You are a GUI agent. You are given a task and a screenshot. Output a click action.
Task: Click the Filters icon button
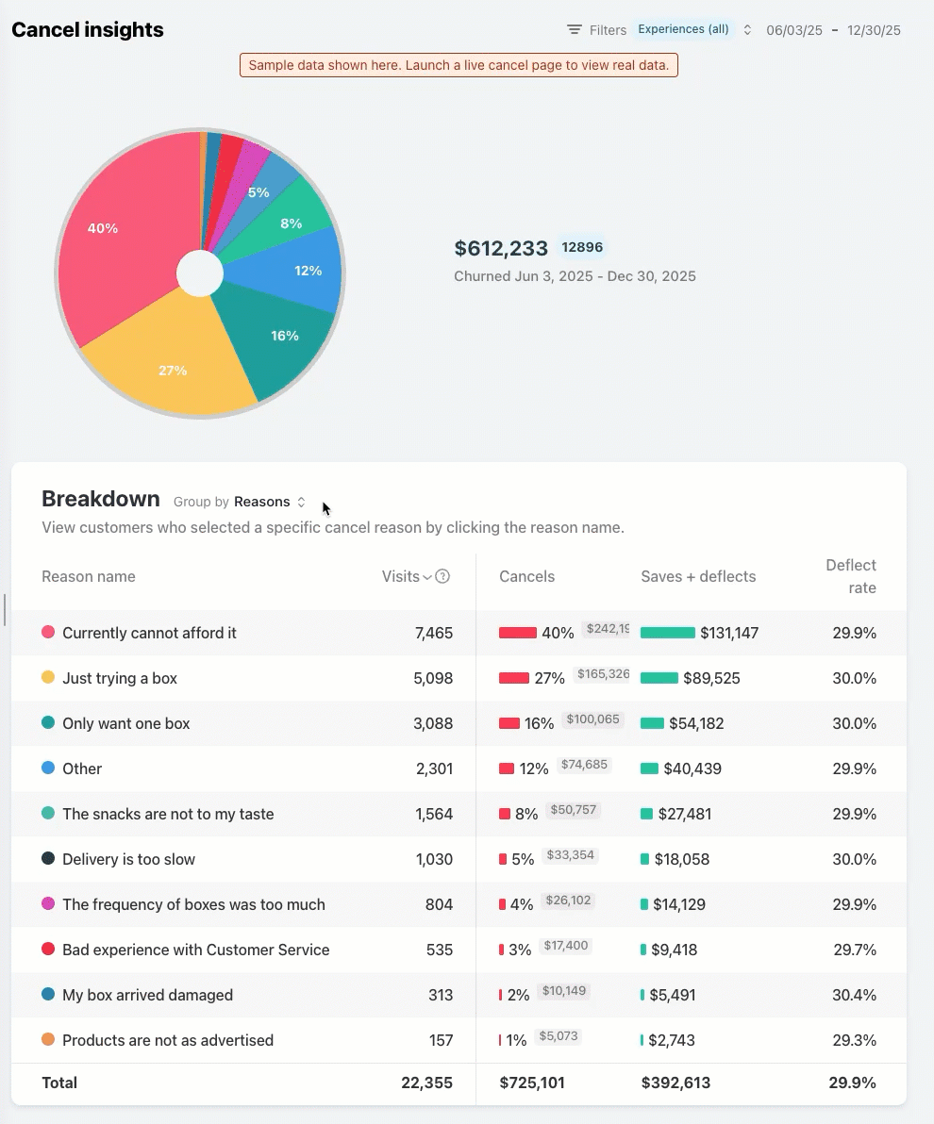coord(575,30)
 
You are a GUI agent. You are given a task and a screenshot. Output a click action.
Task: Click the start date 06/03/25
coord(794,30)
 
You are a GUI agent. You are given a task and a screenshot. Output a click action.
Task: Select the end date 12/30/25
coord(874,30)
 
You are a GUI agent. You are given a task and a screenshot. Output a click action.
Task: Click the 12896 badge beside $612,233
coord(582,248)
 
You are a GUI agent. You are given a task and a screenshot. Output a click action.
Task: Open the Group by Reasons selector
coord(269,502)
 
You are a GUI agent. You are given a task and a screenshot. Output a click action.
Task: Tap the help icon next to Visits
coord(442,576)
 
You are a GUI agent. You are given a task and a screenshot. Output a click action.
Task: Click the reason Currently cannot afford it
coord(149,633)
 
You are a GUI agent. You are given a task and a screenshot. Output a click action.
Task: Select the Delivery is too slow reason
coord(128,859)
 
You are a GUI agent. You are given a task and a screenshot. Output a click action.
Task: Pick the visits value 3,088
coord(434,723)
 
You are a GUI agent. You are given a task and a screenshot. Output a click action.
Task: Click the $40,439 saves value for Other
coord(692,769)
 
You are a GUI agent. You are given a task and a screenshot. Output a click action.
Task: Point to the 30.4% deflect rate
coord(855,995)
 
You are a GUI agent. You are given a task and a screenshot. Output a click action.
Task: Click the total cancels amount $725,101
coord(532,1083)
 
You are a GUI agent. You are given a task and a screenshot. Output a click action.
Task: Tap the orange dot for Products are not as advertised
coord(48,1039)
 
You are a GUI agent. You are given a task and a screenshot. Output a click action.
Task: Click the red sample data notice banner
coord(459,65)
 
